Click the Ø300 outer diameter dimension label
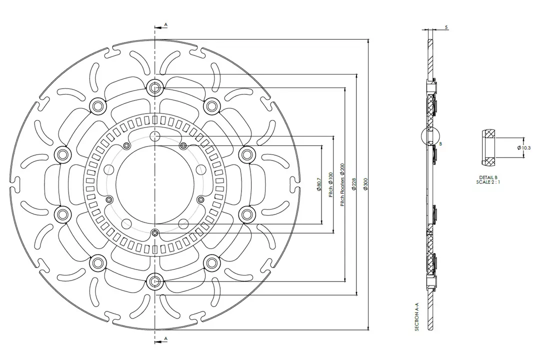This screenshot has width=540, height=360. pos(365,185)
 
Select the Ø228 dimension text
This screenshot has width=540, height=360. pos(354,185)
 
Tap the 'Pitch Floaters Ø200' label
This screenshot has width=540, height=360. pos(342,184)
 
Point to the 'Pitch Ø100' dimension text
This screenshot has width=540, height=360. pos(330,185)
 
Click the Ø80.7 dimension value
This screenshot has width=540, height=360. pos(318,185)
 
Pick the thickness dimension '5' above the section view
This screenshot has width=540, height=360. pos(446,27)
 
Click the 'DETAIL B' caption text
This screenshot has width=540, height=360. pos(488,177)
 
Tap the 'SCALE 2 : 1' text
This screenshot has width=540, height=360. pos(488,182)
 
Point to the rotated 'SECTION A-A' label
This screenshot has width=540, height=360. pos(416,319)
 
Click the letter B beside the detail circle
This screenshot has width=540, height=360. pos(440,143)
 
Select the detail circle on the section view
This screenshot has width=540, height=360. pos(430,135)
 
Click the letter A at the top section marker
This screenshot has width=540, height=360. pos(165,24)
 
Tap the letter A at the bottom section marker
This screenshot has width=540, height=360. pos(165,339)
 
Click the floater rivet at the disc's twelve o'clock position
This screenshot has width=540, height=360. pos(155,88)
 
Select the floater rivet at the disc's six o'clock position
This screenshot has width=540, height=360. pos(155,282)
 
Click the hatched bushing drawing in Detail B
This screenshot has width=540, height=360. pos(489,148)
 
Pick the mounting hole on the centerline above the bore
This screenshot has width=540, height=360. pos(155,137)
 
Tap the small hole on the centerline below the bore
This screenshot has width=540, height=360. pos(155,233)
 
